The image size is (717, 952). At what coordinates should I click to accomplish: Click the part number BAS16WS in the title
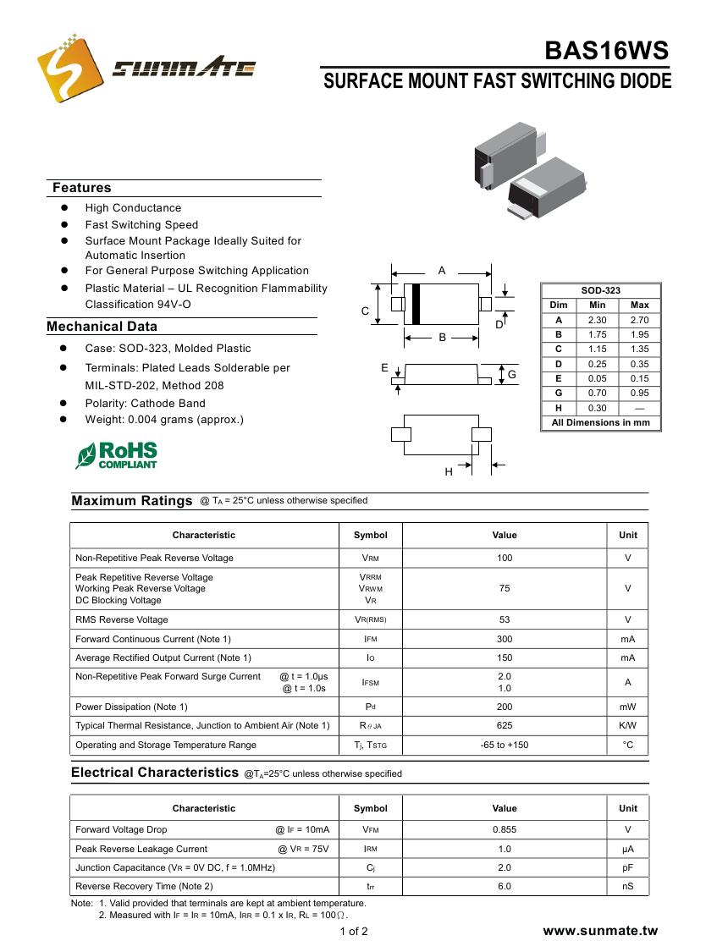(606, 52)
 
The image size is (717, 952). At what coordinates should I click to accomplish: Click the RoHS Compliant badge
(117, 454)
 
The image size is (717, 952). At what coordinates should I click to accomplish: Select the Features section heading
(81, 188)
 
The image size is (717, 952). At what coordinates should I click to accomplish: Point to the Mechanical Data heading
(102, 327)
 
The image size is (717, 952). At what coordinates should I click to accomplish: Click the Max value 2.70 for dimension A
(639, 320)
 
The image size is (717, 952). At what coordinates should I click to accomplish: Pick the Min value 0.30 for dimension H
(597, 408)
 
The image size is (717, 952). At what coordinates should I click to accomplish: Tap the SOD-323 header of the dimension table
(600, 290)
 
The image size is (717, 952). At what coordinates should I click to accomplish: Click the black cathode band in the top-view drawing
(416, 304)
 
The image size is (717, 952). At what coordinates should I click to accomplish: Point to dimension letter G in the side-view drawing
(511, 374)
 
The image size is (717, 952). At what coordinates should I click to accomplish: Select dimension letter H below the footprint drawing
(449, 472)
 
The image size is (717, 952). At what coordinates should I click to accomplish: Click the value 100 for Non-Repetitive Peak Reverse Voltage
(505, 558)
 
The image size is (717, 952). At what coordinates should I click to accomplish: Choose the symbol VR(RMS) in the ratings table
(370, 619)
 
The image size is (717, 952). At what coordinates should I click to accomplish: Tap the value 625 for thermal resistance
(505, 725)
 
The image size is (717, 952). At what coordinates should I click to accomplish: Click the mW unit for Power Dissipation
(627, 707)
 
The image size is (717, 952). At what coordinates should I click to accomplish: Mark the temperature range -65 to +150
(505, 745)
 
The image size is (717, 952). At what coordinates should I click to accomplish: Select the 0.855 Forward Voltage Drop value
(505, 830)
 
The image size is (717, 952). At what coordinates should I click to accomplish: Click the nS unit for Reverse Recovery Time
(627, 886)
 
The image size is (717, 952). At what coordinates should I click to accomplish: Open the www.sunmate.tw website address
(599, 931)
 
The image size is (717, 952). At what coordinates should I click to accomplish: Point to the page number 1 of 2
(354, 932)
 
